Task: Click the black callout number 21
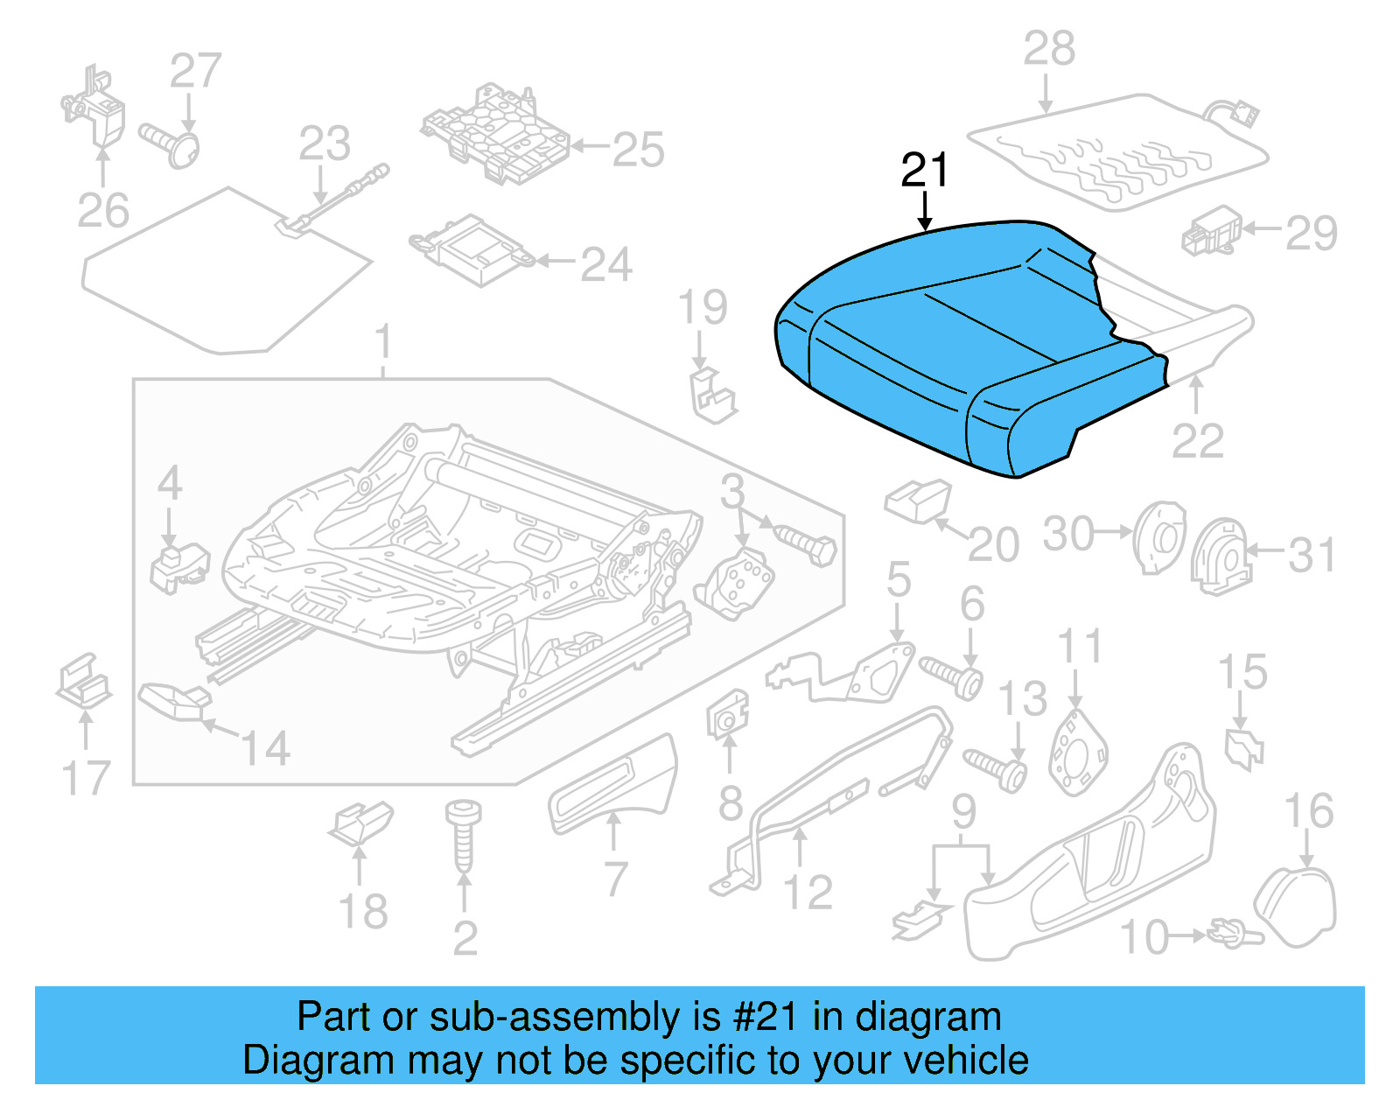(924, 170)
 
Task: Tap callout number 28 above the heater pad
(1048, 49)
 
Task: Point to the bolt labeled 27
(171, 144)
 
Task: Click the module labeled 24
(472, 249)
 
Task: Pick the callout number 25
(638, 150)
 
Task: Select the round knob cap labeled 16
(1296, 907)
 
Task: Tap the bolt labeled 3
(806, 544)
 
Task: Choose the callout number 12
(808, 893)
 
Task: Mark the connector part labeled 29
(1212, 232)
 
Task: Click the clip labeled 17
(84, 683)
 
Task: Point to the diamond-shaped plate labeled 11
(1077, 753)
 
